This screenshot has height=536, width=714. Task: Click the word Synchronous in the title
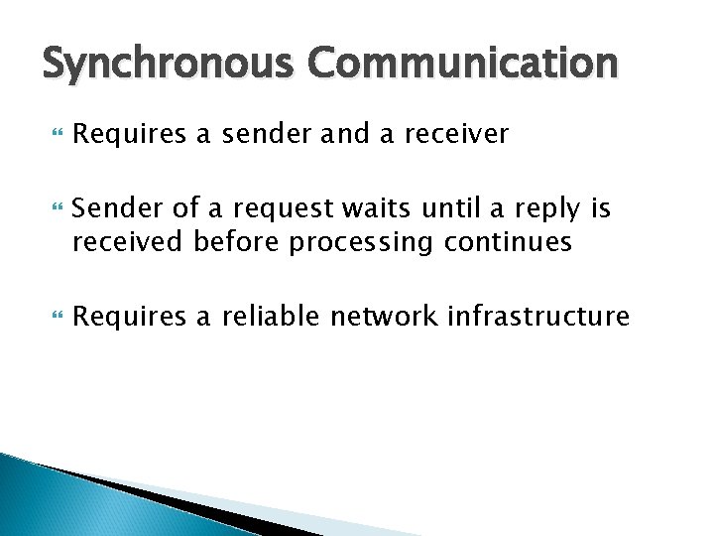[x=169, y=66]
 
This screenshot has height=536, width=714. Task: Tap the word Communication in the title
[x=462, y=66]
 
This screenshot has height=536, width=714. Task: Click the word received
[x=130, y=242]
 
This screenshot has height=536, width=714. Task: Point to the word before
[x=237, y=242]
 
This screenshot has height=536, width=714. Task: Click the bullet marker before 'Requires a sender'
[x=53, y=133]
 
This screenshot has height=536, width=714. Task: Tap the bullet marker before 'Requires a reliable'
[x=53, y=317]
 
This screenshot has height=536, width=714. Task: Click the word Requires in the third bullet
[x=129, y=318]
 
